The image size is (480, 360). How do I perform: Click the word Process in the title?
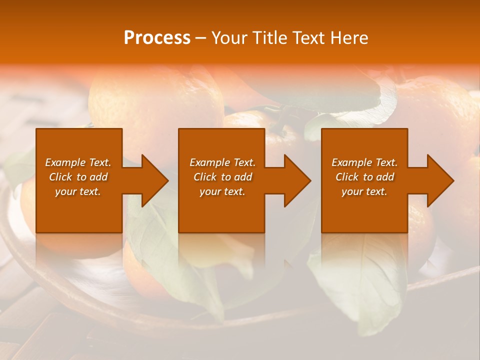pos(157,38)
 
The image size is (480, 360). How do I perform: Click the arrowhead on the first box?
pos(152,180)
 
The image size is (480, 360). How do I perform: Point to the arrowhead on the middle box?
pos(295,180)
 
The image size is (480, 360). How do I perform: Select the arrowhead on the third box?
pos(438,180)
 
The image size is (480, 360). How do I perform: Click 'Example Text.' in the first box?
pos(78,162)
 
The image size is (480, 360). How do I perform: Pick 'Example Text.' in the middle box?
pos(222,162)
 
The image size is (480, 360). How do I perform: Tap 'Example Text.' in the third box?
pos(364,162)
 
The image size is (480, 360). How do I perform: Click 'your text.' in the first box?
pos(78,191)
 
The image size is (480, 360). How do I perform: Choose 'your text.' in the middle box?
pos(222,191)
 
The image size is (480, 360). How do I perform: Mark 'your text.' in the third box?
pos(364,191)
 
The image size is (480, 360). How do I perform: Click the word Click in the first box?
pos(60,177)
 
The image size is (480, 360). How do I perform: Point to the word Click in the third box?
pos(347,177)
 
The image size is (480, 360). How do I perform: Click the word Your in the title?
pos(228,38)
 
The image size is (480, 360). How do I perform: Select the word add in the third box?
pos(383,177)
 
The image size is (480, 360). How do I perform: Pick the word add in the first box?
pos(97,177)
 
